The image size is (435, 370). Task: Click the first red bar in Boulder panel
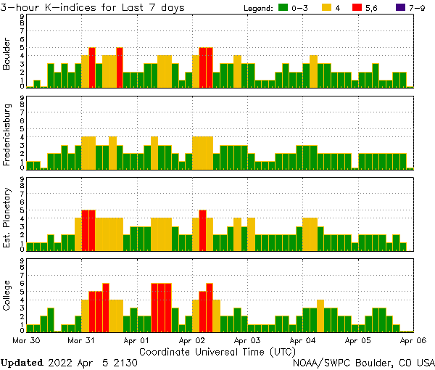tap(92, 67)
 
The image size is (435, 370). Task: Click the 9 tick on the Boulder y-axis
tap(22, 16)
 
